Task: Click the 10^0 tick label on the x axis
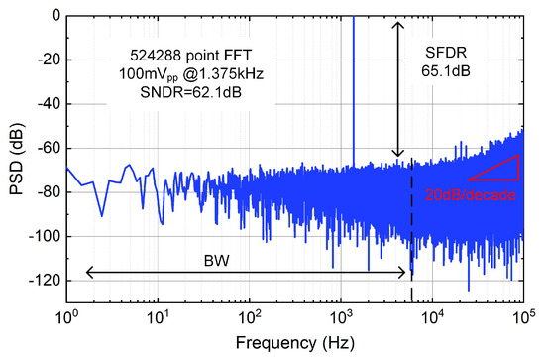click(67, 319)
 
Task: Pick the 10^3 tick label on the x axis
click(341, 319)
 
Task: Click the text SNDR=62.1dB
click(186, 94)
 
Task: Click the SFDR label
click(447, 53)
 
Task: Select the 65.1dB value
click(447, 72)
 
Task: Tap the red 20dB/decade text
click(472, 196)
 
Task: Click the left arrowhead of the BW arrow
click(89, 271)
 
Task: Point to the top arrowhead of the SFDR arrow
click(398, 23)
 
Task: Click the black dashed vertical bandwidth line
click(411, 228)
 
